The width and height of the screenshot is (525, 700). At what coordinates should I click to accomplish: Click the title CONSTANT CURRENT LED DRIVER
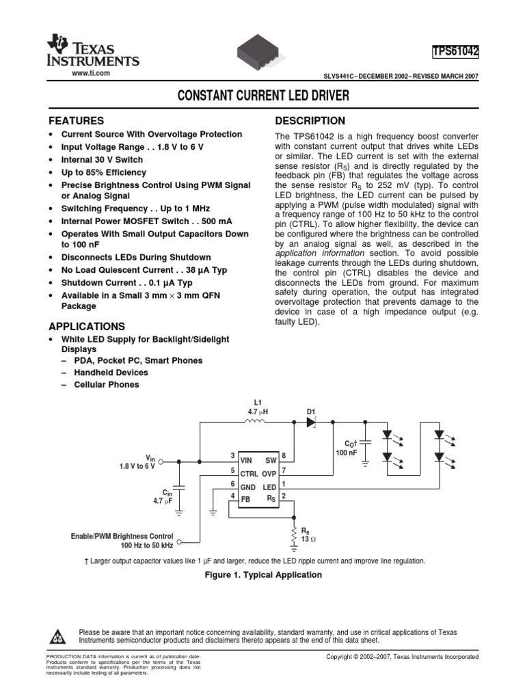point(262,96)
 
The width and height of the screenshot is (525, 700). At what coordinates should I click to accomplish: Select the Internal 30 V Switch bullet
point(102,159)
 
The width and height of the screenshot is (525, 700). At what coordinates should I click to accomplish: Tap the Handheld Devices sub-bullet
point(113,373)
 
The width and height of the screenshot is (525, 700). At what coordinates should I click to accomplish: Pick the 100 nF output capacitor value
point(347,453)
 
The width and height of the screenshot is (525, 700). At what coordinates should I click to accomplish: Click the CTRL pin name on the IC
point(249,473)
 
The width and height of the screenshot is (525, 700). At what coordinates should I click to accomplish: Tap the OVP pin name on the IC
point(269,473)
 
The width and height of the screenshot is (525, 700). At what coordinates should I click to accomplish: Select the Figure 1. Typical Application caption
point(263,575)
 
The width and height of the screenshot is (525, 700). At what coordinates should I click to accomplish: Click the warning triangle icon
point(57,637)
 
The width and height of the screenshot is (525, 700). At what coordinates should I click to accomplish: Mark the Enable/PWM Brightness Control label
point(122,536)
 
